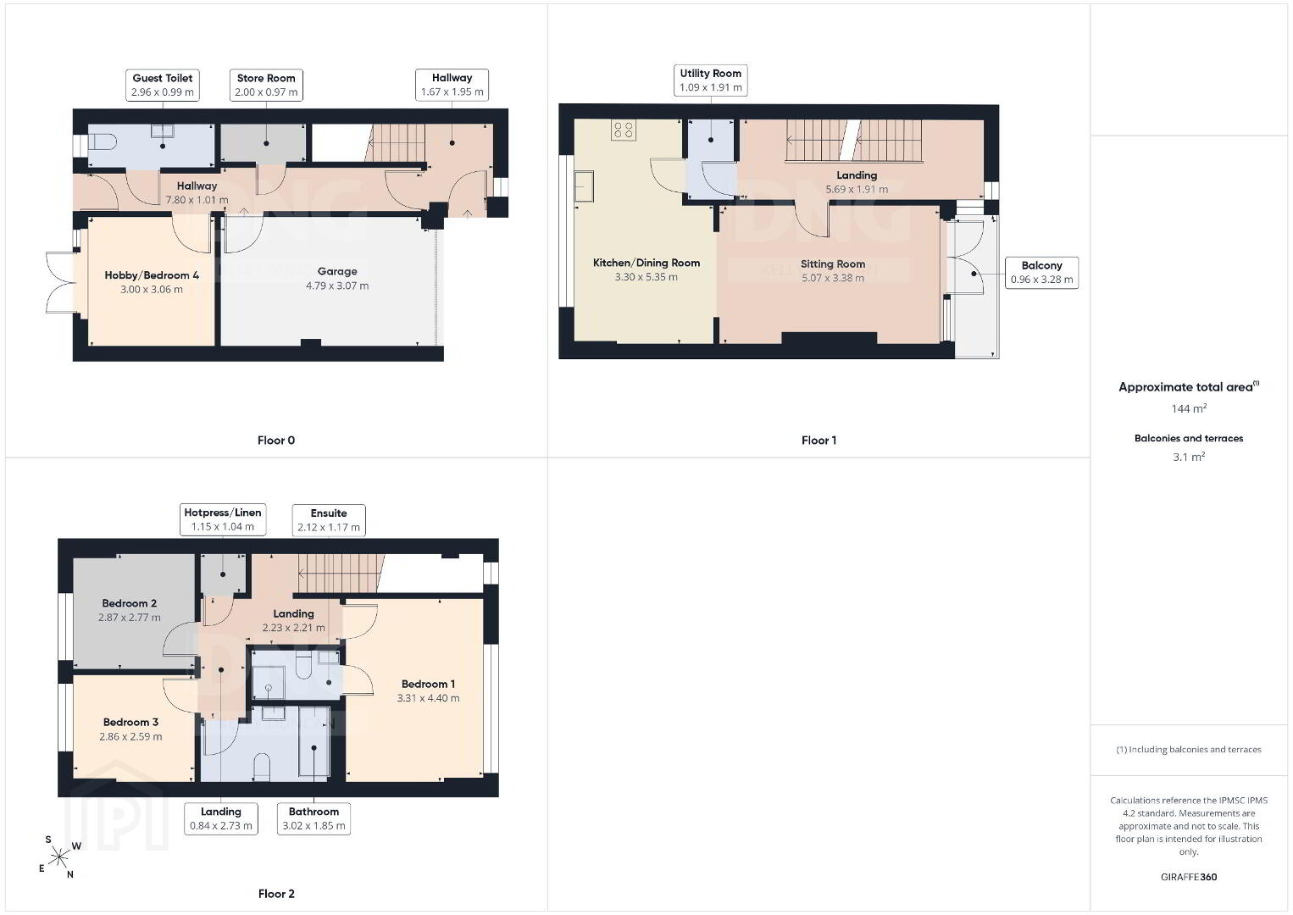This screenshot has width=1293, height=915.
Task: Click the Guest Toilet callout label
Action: click(x=162, y=85)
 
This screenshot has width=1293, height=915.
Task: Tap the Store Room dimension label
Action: click(x=266, y=92)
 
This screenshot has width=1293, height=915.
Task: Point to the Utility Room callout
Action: click(x=711, y=80)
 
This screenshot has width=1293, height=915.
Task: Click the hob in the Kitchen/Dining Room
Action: click(x=624, y=130)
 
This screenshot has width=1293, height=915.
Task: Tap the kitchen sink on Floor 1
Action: click(x=584, y=186)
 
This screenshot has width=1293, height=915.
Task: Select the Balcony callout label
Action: click(x=1041, y=273)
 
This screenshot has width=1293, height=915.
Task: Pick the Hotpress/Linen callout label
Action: click(x=223, y=519)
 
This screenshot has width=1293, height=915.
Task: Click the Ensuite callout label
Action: click(x=329, y=520)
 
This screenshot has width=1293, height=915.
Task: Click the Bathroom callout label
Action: click(x=314, y=818)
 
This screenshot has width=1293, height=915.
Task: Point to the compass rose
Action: click(x=58, y=857)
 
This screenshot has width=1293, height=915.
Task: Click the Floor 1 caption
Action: click(x=819, y=441)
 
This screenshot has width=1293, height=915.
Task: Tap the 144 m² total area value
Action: click(x=1189, y=408)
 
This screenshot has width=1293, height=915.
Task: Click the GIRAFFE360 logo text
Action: click(x=1189, y=877)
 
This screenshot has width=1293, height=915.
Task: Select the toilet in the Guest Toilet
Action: click(x=103, y=141)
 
